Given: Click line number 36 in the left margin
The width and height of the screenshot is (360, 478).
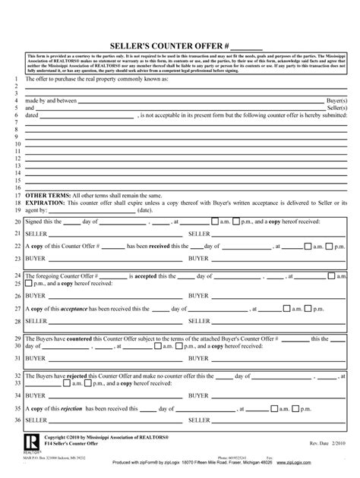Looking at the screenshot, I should tap(18, 420).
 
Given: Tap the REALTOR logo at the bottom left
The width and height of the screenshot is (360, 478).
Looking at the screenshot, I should tap(30, 442).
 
